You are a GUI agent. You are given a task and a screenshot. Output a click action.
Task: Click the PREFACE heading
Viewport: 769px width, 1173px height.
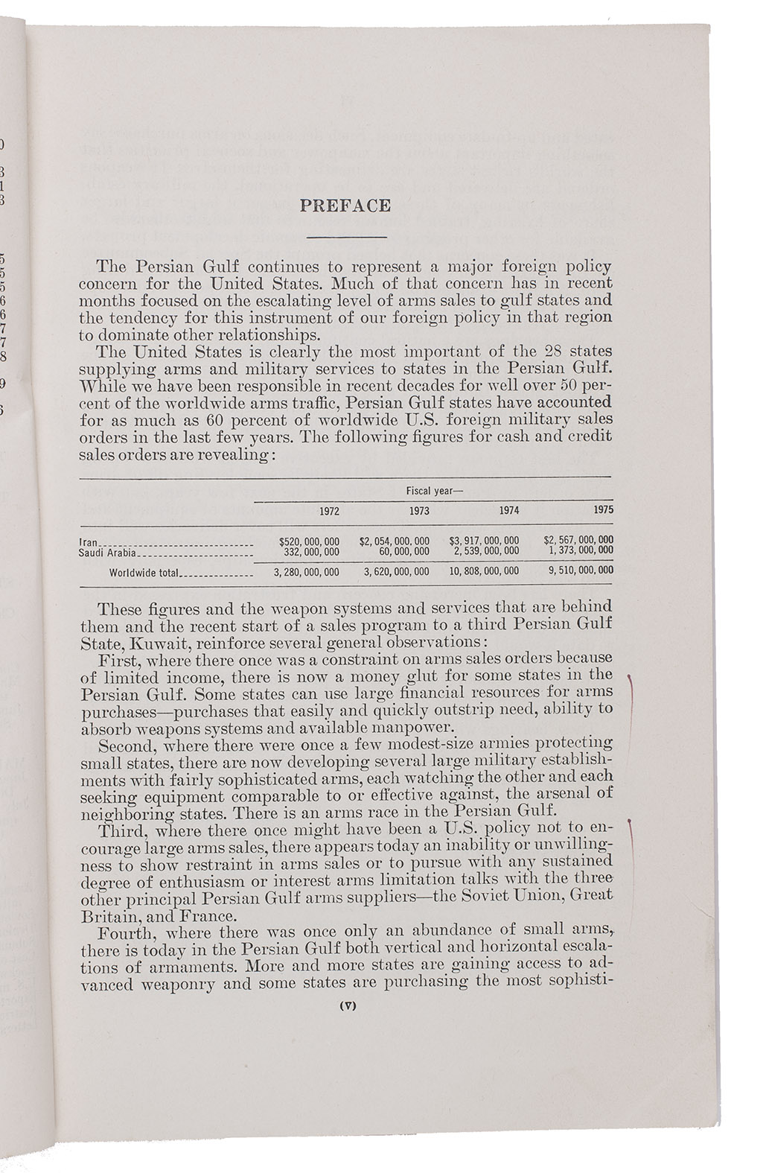(x=345, y=206)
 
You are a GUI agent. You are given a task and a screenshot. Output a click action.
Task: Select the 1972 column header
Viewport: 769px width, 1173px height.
(x=329, y=511)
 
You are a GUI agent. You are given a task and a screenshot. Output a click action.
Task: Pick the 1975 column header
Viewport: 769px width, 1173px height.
(x=604, y=511)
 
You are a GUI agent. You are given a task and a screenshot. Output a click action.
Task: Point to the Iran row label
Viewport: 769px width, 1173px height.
(x=88, y=542)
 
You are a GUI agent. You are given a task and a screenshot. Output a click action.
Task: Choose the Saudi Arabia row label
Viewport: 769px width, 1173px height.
(x=107, y=552)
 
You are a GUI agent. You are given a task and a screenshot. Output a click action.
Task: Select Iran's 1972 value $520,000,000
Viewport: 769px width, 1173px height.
(x=309, y=541)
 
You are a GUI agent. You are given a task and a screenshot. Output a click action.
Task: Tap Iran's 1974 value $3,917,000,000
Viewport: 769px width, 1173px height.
(x=485, y=541)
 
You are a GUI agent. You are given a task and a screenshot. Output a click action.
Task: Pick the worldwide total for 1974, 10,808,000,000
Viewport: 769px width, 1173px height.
(x=485, y=572)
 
